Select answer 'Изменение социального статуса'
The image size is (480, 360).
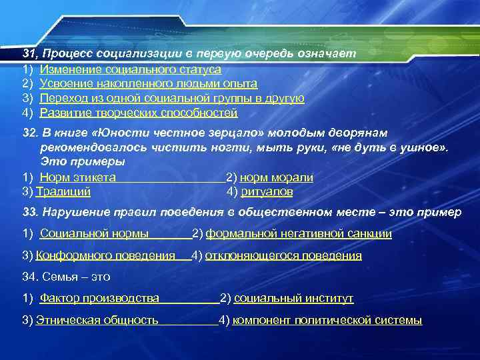pyautogui.click(x=130, y=68)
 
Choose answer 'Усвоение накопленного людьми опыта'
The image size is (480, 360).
pyautogui.click(x=148, y=83)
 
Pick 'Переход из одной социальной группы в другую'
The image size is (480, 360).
pyautogui.click(x=172, y=98)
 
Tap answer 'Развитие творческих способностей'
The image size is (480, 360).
pyautogui.click(x=138, y=113)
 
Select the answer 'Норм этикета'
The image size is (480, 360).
pyautogui.click(x=78, y=177)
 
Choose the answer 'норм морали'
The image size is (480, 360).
pyautogui.click(x=276, y=177)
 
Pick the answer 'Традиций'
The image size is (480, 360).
pyautogui.click(x=63, y=192)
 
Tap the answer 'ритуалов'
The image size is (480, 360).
pyautogui.click(x=266, y=192)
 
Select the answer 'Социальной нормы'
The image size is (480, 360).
pyautogui.click(x=93, y=233)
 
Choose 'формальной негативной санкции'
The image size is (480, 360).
pyautogui.click(x=298, y=233)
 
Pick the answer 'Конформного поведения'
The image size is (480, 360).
pyautogui.click(x=105, y=255)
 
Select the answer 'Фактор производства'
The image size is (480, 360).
pyautogui.click(x=99, y=298)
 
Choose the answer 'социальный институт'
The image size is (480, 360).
pyautogui.click(x=293, y=298)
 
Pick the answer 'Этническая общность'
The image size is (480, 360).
pyautogui.click(x=97, y=320)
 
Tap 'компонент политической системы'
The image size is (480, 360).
pyautogui.click(x=327, y=320)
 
